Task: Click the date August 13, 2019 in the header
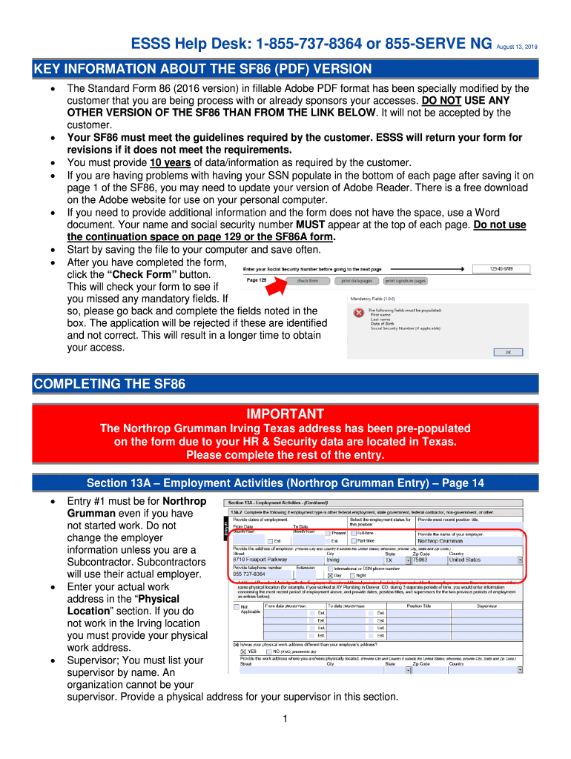516,47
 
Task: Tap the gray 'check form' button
307,281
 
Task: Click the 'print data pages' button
357,281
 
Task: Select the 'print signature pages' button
405,281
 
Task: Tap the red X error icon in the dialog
359,313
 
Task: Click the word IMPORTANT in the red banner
285,414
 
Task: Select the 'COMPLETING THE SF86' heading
110,384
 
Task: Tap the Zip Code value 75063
421,560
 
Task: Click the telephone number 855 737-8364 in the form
249,574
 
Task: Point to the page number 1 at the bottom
285,719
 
